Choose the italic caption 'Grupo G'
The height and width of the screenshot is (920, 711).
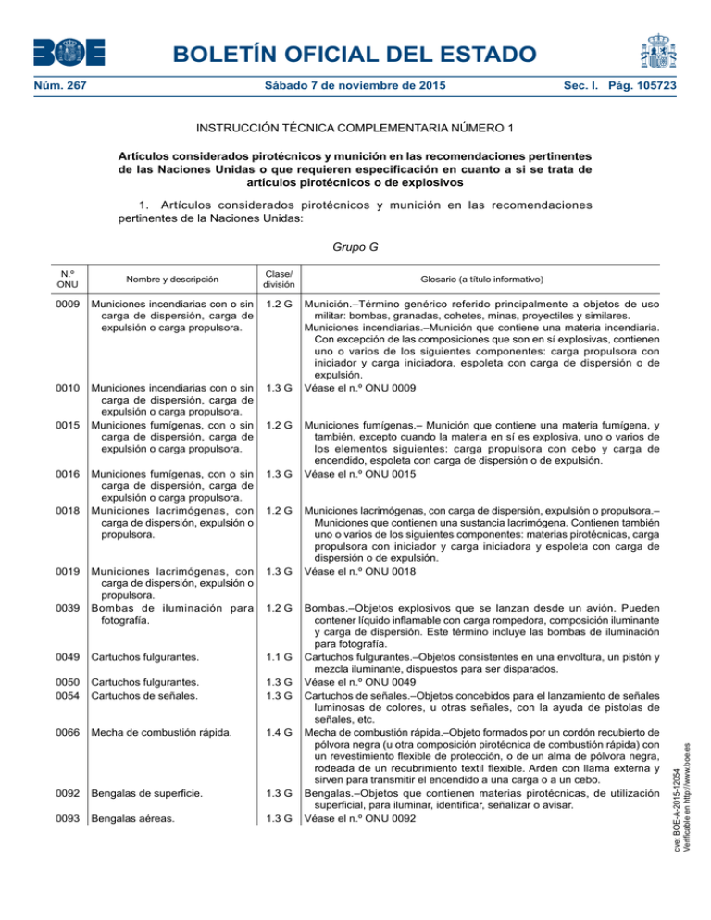tap(355, 248)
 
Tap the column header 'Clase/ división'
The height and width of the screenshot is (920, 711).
tap(279, 278)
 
